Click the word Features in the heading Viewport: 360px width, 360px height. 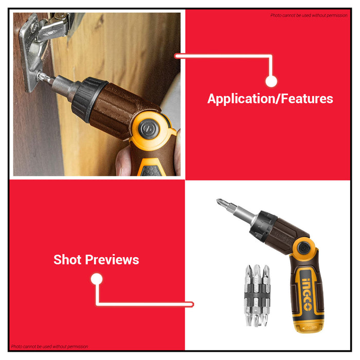pyautogui.click(x=307, y=99)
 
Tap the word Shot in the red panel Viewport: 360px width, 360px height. pyautogui.click(x=67, y=260)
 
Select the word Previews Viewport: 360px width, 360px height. pyautogui.click(x=112, y=260)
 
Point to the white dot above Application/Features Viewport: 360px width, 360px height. pyautogui.click(x=271, y=81)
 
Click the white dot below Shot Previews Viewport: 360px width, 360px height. pyautogui.click(x=97, y=279)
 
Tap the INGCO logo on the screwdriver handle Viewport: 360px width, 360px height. pyautogui.click(x=307, y=294)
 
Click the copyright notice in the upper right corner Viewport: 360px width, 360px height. pyautogui.click(x=309, y=15)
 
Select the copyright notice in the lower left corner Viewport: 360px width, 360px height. pyautogui.click(x=49, y=347)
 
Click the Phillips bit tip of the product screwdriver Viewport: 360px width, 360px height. pyautogui.click(x=221, y=203)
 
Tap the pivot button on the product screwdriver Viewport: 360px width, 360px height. pyautogui.click(x=304, y=248)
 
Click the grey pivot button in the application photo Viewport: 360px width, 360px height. pyautogui.click(x=149, y=129)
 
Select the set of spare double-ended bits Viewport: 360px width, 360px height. pyautogui.click(x=257, y=295)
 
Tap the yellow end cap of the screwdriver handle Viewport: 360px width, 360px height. pyautogui.click(x=310, y=326)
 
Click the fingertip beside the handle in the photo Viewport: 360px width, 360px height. pyautogui.click(x=122, y=160)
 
